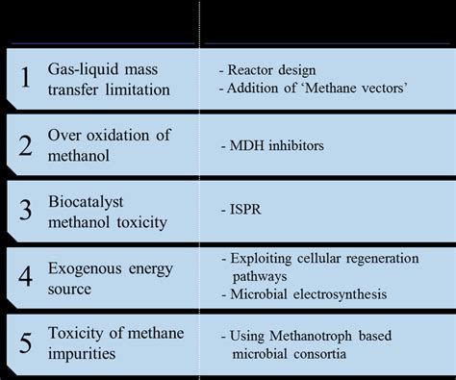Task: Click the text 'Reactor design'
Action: [x=276, y=70]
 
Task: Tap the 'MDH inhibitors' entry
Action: [x=276, y=146]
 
